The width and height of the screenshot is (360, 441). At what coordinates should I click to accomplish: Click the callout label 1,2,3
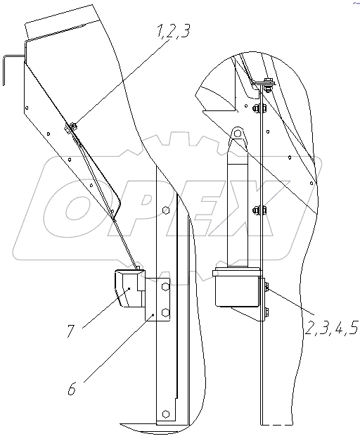[174, 30]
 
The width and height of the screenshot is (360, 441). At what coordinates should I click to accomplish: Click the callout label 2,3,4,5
[331, 328]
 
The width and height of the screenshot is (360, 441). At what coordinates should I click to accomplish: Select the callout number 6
[72, 388]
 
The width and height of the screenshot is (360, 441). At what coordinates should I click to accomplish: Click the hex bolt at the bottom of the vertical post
[166, 414]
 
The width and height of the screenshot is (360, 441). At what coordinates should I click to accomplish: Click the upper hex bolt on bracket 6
[165, 286]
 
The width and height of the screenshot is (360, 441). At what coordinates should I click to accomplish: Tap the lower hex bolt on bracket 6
[165, 312]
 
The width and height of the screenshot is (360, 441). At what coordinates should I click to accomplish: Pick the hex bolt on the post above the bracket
[166, 210]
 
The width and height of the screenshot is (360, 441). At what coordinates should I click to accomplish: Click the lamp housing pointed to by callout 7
[129, 288]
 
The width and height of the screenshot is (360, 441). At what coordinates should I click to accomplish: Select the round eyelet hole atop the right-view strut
[238, 133]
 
